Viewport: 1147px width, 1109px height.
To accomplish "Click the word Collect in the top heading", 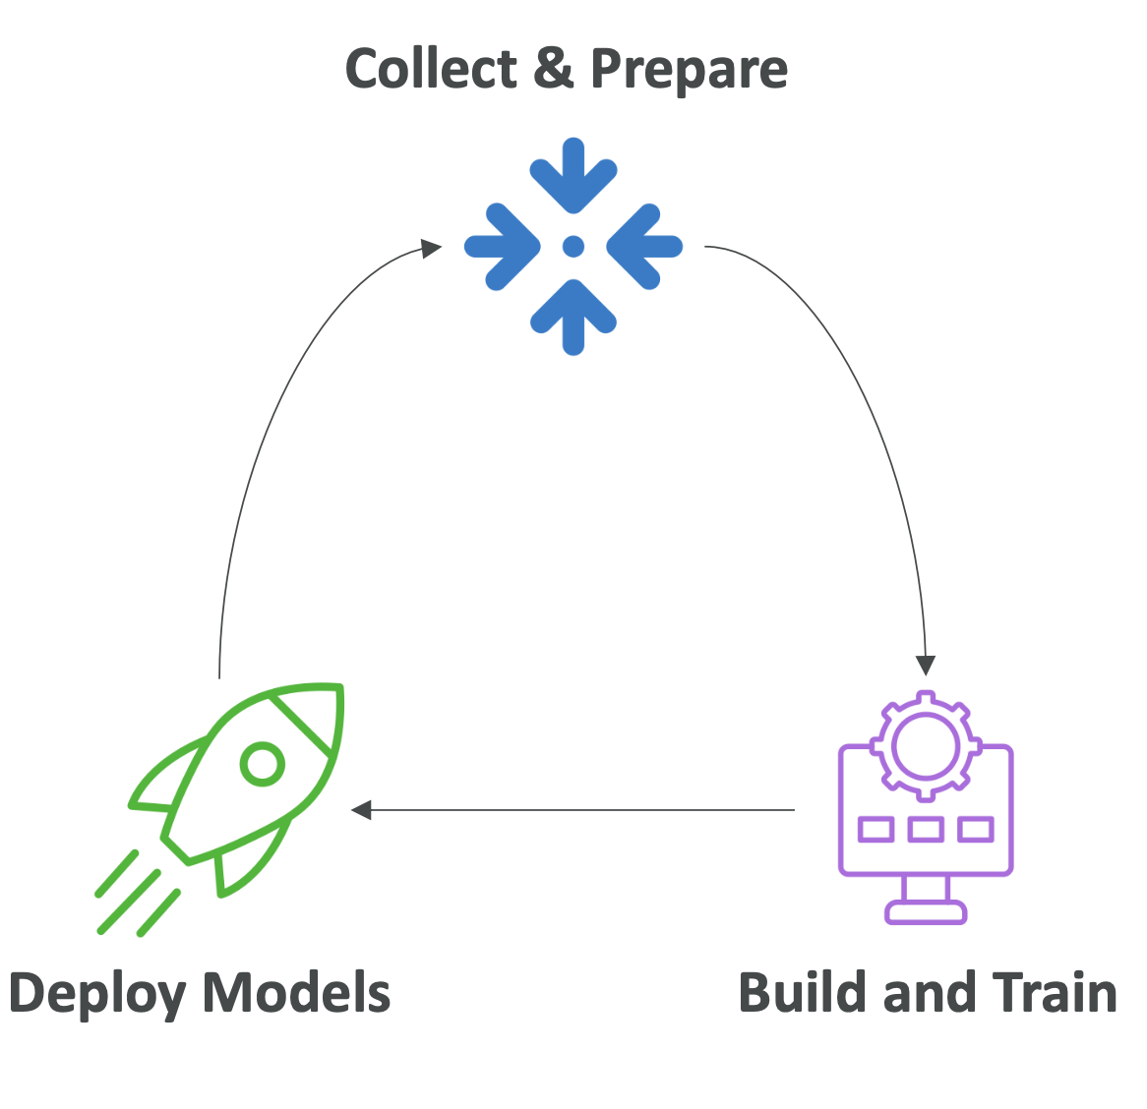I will (x=431, y=69).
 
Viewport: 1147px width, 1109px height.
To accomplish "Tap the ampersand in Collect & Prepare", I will (x=554, y=69).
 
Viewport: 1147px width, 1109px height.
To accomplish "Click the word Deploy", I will (x=98, y=994).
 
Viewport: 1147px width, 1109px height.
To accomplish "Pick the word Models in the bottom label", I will (x=296, y=992).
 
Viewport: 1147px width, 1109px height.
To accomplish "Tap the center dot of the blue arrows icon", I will (x=573, y=247).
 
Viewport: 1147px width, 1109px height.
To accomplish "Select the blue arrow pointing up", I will (x=573, y=316).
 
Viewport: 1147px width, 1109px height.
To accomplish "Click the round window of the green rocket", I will (x=263, y=763).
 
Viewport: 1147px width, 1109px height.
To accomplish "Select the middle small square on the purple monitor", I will (x=926, y=830).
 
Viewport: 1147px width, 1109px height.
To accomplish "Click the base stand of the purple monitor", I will (x=926, y=911).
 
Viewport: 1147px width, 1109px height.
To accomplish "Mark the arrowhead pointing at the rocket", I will (x=361, y=810).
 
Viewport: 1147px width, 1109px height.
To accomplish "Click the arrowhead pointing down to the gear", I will (x=925, y=666).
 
